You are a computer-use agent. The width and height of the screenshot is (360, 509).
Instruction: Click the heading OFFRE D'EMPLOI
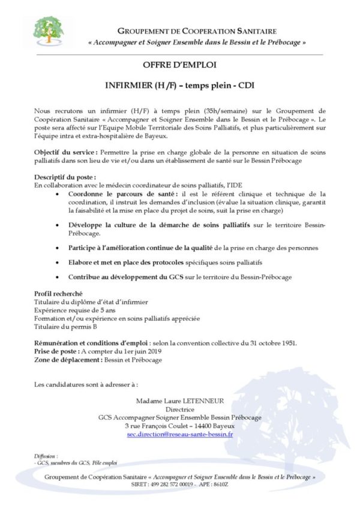pyautogui.click(x=179, y=64)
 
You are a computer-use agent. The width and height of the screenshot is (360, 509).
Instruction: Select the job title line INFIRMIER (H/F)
pyautogui.click(x=179, y=85)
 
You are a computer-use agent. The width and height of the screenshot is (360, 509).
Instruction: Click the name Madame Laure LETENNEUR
pyautogui.click(x=179, y=401)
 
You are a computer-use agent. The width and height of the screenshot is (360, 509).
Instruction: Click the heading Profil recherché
pyautogui.click(x=58, y=293)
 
